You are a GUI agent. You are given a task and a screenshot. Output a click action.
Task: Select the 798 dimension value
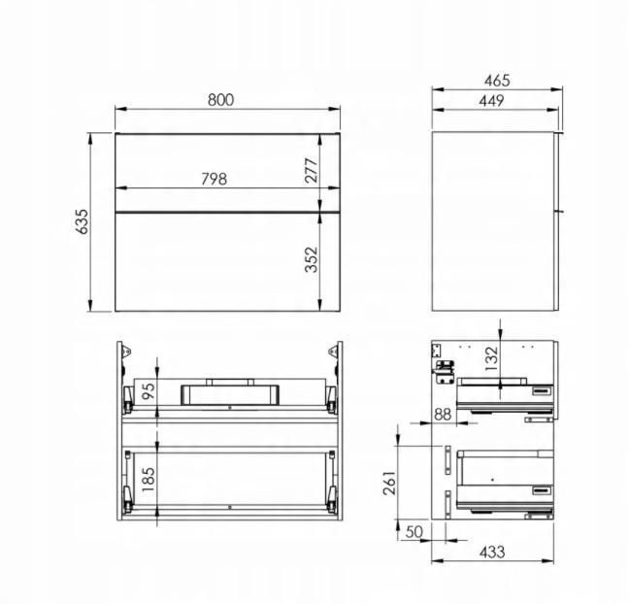[213, 179]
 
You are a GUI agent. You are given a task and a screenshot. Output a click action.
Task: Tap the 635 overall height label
[83, 221]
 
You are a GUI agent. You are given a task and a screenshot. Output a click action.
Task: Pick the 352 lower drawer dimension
[312, 259]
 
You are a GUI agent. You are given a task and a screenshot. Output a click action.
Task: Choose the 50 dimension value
[414, 533]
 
